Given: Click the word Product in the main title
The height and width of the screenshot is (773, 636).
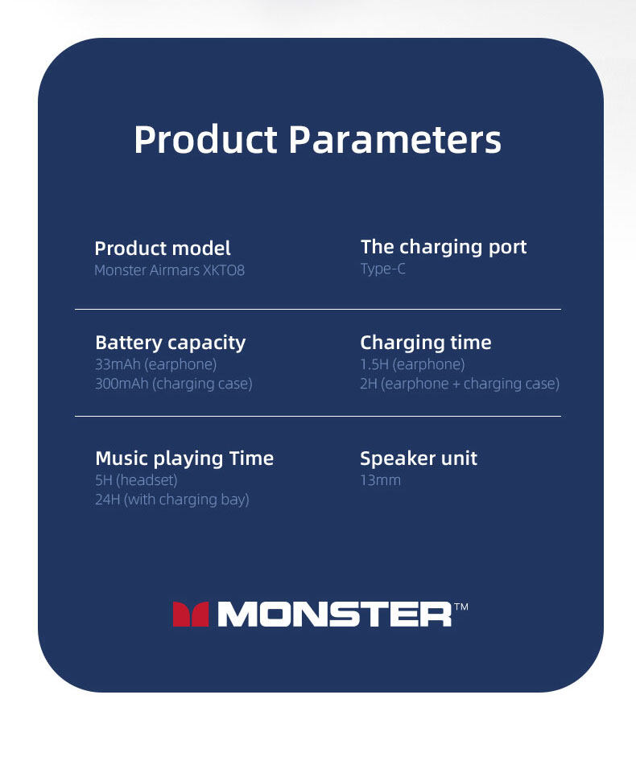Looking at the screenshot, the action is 205,139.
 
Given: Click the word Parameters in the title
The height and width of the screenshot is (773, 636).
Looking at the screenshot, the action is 395,139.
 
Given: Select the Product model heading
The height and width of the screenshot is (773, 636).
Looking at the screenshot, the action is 163,248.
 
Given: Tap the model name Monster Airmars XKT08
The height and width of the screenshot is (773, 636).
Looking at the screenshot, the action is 169,270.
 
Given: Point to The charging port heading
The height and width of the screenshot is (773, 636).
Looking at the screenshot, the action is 444,247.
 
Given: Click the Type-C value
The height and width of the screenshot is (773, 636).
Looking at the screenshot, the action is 382,269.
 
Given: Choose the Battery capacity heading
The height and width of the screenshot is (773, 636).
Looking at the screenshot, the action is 170,343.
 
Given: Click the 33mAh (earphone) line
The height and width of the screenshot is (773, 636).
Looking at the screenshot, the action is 156,364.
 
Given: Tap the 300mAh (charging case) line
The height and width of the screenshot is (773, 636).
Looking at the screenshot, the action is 174,384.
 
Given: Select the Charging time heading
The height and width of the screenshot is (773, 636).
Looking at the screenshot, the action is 426,343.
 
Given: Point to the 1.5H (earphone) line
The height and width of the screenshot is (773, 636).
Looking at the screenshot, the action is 412,364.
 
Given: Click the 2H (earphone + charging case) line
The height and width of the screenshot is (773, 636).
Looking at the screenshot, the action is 460,384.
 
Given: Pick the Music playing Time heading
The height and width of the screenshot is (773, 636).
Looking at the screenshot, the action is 184,458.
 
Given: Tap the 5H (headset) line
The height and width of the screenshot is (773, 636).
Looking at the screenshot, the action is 136,480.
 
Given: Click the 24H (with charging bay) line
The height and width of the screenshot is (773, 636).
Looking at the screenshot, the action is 172,500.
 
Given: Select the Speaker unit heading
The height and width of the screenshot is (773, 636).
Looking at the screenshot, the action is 419,458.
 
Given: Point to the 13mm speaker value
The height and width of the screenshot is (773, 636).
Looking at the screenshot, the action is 381,480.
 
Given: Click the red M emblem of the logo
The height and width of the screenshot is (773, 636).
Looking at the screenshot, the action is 191,615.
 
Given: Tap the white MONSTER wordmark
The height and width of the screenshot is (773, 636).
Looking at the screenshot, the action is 335,615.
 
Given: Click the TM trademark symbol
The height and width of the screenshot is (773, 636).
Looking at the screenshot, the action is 460,606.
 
